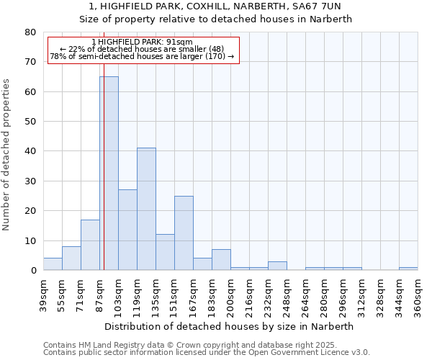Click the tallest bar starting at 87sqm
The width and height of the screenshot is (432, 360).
click(109, 173)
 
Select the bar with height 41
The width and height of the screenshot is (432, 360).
click(146, 209)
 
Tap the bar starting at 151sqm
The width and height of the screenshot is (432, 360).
click(184, 233)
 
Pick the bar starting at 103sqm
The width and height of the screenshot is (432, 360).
click(127, 230)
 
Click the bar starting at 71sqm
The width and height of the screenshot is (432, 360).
click(90, 245)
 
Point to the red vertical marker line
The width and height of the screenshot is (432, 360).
click(104, 144)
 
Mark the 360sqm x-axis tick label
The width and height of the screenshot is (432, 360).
click(418, 295)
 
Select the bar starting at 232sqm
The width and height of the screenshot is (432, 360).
click(277, 266)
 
